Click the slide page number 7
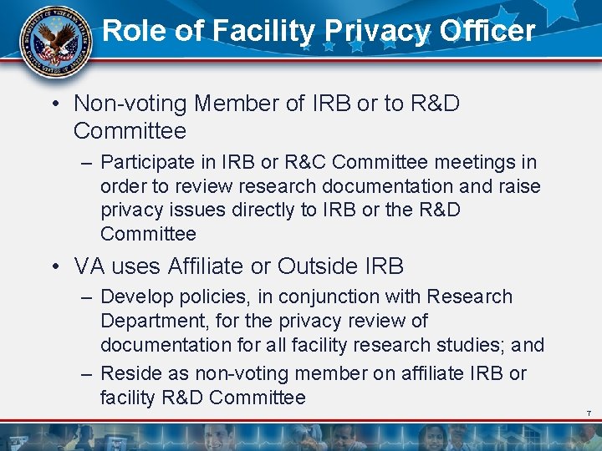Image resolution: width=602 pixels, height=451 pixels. (x=589, y=414)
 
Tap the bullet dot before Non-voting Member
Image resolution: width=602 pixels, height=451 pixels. (x=54, y=104)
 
